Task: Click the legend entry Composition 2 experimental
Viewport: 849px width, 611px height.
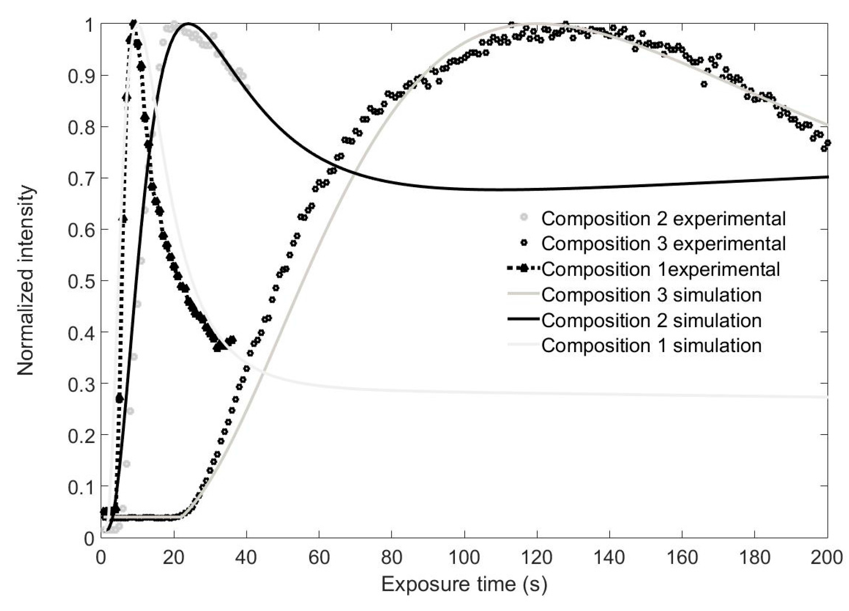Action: tap(663, 218)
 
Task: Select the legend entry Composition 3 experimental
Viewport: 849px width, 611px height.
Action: tap(663, 243)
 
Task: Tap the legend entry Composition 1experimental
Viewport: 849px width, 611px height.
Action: tap(660, 269)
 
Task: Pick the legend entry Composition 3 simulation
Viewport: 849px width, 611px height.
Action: tap(651, 295)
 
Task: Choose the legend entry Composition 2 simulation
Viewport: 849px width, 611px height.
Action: tap(651, 320)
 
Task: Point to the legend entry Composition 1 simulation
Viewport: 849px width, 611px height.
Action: tap(651, 345)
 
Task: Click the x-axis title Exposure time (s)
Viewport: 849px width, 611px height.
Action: tap(464, 584)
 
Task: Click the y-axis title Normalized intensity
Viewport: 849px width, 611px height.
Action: tap(26, 280)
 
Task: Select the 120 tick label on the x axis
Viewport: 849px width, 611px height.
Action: tap(536, 557)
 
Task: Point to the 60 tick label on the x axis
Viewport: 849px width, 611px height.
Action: tap(319, 557)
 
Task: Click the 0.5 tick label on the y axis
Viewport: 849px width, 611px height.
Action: tap(81, 281)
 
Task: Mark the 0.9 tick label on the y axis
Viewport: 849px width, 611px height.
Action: tap(81, 76)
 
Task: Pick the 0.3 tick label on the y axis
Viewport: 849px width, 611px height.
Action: tap(81, 384)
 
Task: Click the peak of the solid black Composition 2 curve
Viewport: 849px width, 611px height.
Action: tap(188, 23)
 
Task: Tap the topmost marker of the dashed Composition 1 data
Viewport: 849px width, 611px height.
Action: tap(134, 23)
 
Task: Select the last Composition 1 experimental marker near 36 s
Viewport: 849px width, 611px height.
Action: tap(232, 340)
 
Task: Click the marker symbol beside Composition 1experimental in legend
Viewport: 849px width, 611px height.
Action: tap(524, 268)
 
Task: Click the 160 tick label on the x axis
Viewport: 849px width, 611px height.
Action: tap(682, 557)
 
